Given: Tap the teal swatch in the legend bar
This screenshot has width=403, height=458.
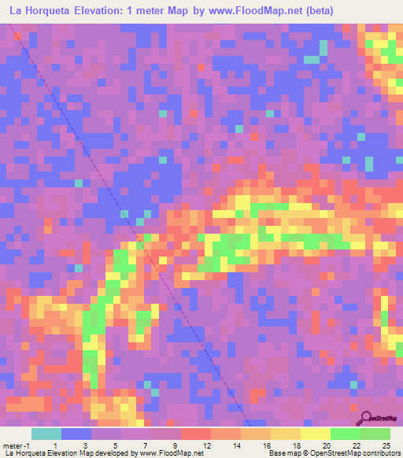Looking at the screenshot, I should pyautogui.click(x=46, y=434).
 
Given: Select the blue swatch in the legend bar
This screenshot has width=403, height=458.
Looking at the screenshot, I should pyautogui.click(x=76, y=434).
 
